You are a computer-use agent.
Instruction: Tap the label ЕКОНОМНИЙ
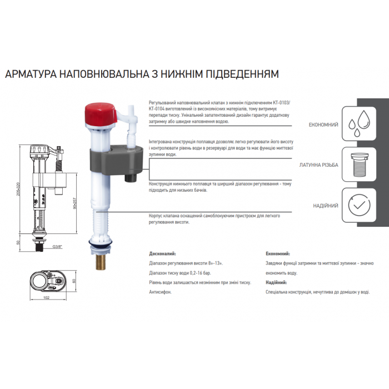[323, 124]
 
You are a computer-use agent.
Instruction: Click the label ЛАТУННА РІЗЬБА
[319, 165]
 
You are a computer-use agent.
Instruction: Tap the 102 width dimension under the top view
[47, 298]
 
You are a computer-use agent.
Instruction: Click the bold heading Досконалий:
[166, 253]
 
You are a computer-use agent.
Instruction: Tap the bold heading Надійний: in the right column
[277, 282]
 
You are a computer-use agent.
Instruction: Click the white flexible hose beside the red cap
[132, 125]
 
